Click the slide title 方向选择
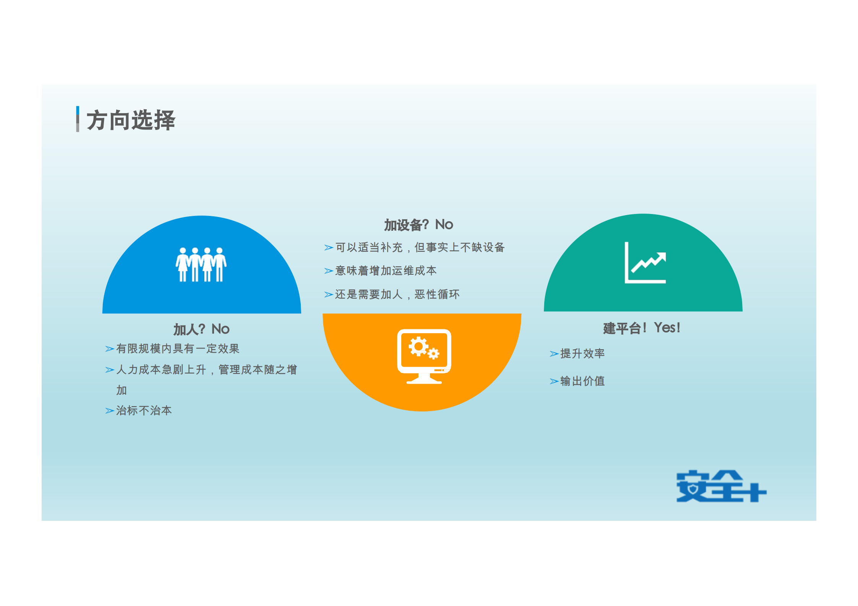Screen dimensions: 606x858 (x=131, y=120)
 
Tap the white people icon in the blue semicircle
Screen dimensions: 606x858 (x=201, y=265)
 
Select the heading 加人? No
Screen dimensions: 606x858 (x=201, y=329)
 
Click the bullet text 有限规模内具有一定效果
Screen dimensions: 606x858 (x=178, y=348)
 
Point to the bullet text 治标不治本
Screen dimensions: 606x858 (x=144, y=410)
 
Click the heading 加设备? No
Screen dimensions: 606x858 (x=418, y=225)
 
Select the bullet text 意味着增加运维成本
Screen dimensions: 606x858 (x=386, y=271)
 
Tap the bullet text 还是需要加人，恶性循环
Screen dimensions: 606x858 (x=397, y=294)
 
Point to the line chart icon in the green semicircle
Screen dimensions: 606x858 (x=645, y=263)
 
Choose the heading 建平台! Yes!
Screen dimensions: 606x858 (x=642, y=328)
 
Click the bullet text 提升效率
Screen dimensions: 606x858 (x=582, y=353)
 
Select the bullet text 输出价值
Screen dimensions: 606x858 (x=582, y=381)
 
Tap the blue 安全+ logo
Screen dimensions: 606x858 (x=721, y=486)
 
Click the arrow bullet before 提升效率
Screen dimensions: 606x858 (x=554, y=354)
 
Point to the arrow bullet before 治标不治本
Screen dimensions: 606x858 (x=110, y=411)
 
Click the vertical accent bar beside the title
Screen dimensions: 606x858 (x=78, y=119)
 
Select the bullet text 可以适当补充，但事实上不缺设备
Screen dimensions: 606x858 (x=420, y=248)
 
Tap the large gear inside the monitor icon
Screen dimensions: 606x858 (x=418, y=347)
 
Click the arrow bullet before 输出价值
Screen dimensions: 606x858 (x=554, y=382)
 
